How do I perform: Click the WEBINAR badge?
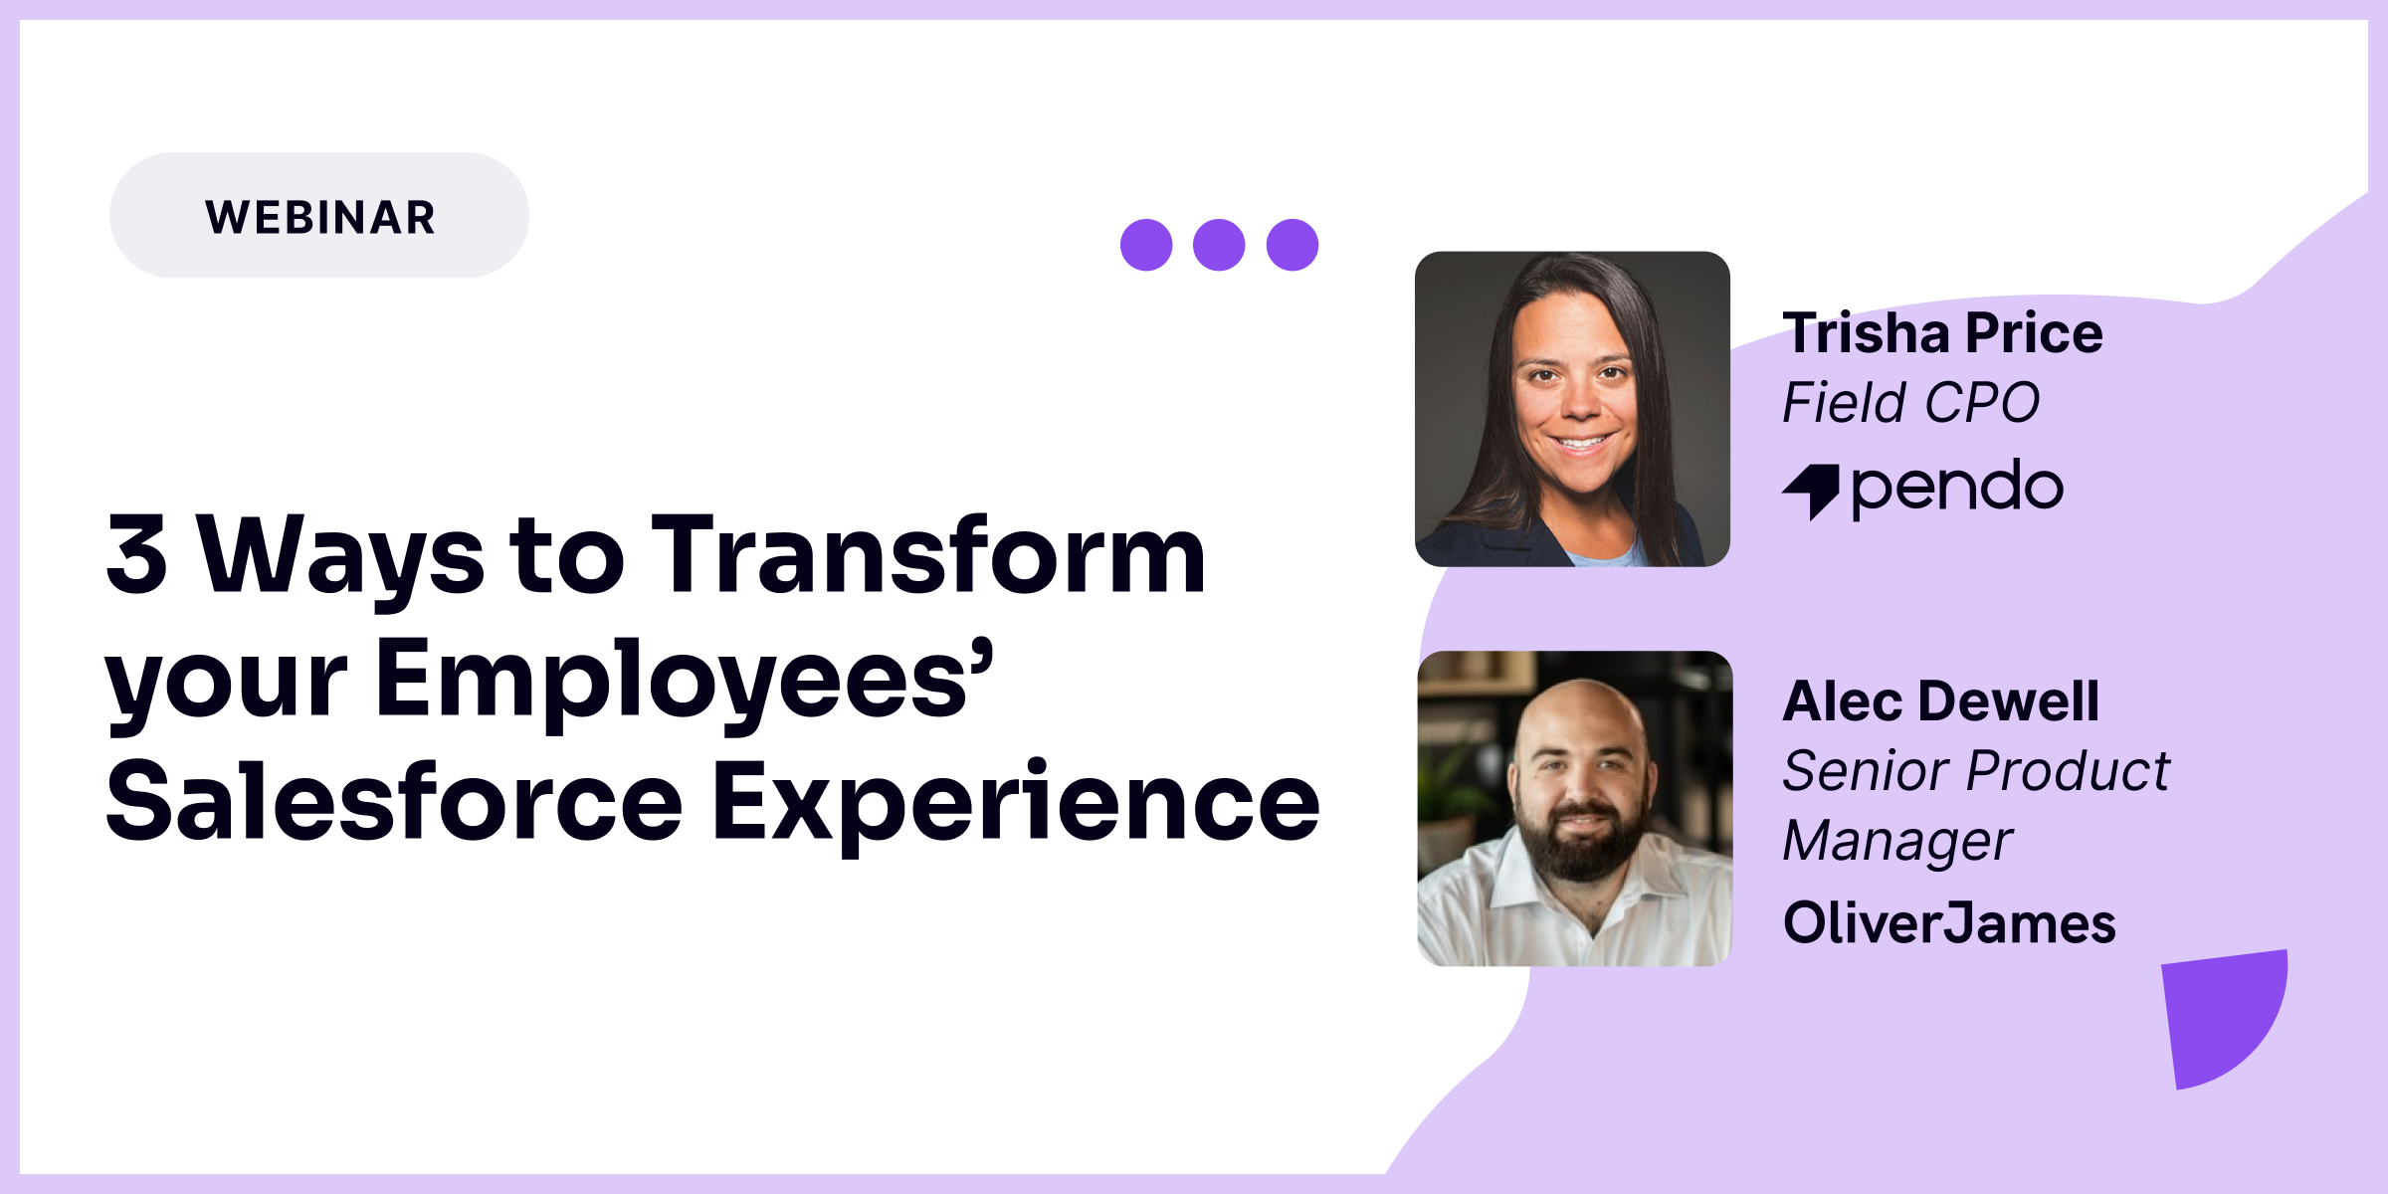tap(319, 216)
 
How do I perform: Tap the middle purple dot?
tap(1219, 245)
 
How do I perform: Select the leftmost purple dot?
tap(1146, 245)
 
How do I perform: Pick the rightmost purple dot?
tap(1293, 245)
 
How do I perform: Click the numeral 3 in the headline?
tap(137, 554)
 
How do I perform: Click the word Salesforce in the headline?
tap(394, 801)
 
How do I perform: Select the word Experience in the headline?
tap(1016, 801)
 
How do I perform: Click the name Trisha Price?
tap(1942, 333)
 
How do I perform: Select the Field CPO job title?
tap(1910, 403)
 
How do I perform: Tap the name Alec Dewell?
tap(1940, 701)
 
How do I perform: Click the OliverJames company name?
tap(1949, 922)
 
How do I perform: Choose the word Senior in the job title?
tap(1864, 771)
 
